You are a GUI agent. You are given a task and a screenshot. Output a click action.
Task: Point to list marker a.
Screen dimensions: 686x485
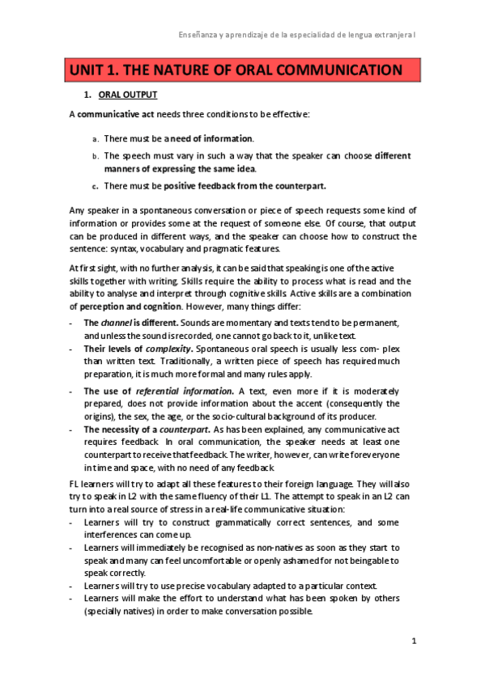click(x=96, y=139)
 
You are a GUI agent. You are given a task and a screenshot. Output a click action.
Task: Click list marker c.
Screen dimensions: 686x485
click(x=96, y=186)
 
